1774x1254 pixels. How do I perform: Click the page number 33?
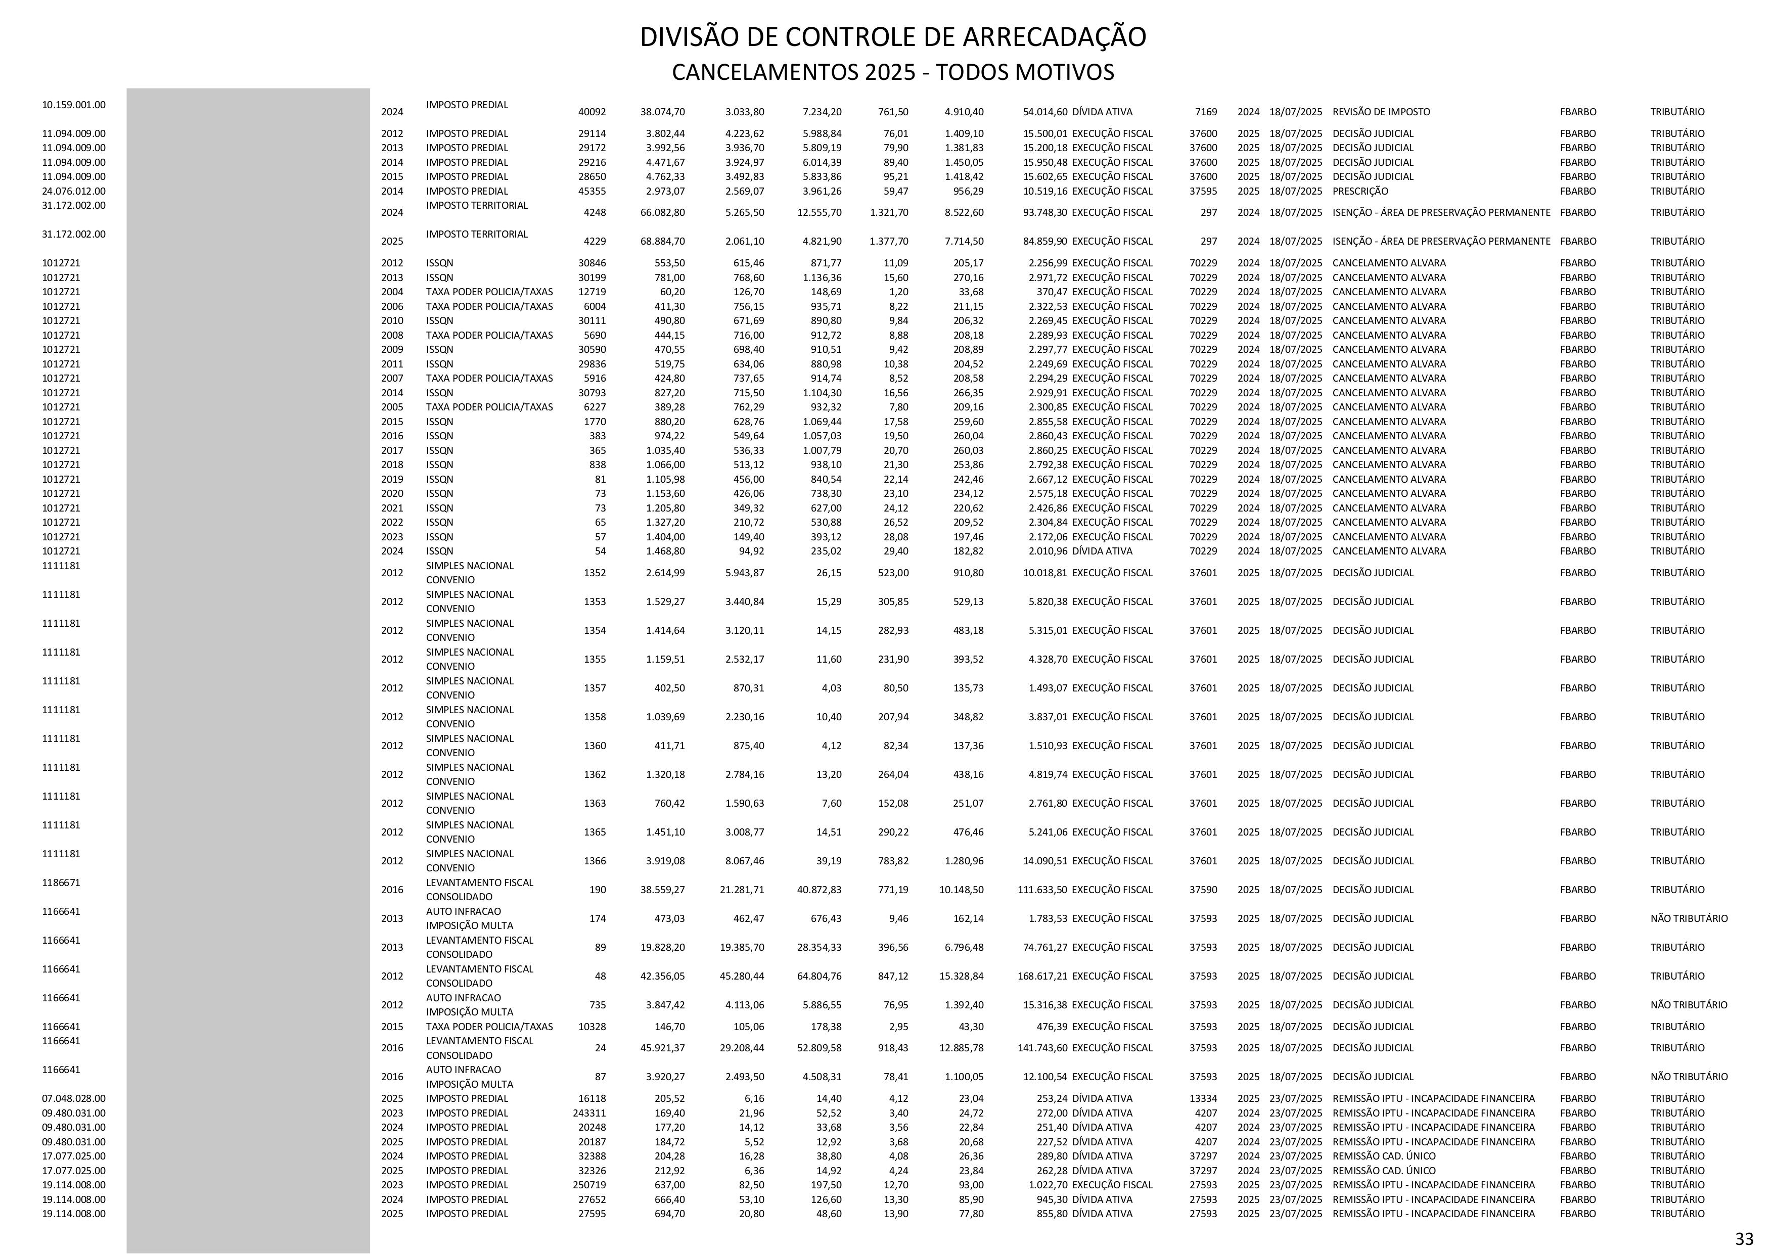(1744, 1238)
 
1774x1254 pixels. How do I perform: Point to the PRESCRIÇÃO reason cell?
(1360, 192)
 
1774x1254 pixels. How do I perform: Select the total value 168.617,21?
(1042, 977)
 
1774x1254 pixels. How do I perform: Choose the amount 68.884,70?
(662, 241)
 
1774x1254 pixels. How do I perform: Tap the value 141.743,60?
(1042, 1048)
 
